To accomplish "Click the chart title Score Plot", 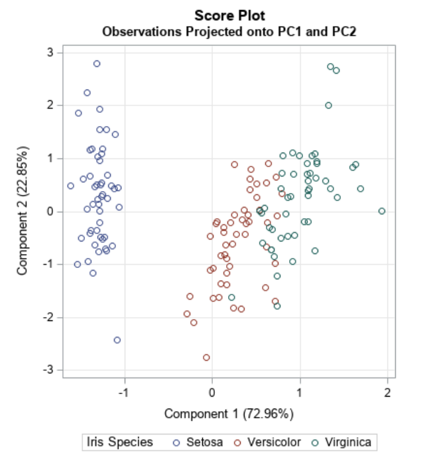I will (x=229, y=15).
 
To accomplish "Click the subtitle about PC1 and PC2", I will (x=229, y=31).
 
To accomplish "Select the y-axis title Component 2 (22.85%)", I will (x=23, y=211).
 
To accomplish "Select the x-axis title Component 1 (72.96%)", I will (x=229, y=414).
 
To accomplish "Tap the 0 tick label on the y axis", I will (x=50, y=212).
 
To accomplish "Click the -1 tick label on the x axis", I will (x=123, y=391).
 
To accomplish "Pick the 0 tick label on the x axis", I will (x=212, y=391).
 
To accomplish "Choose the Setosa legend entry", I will (x=196, y=442).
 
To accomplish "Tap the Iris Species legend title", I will (x=120, y=442).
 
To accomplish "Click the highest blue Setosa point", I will (x=97, y=64).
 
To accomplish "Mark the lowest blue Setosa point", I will (x=117, y=340).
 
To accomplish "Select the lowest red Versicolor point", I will (x=206, y=358).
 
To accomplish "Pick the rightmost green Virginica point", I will (x=382, y=211).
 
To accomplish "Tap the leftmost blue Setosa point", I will (x=70, y=186).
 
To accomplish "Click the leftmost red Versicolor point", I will (x=187, y=314).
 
